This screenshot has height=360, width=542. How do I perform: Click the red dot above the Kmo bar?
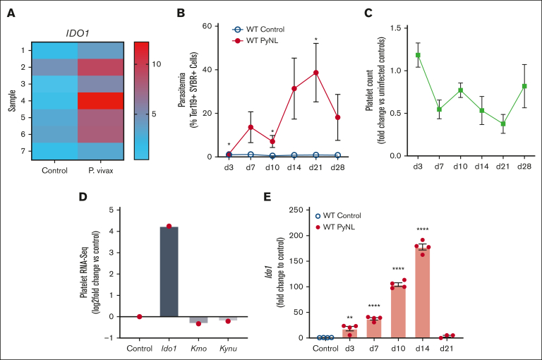(x=199, y=323)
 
